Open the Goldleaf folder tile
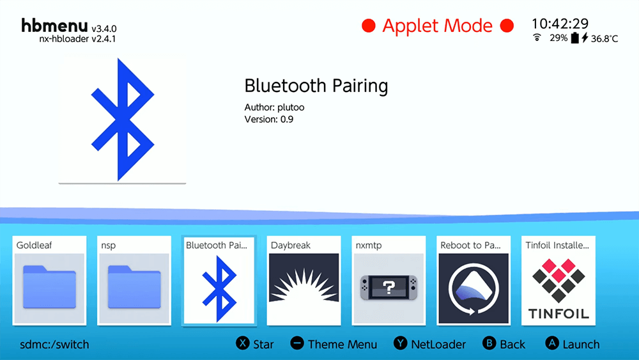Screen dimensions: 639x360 click(x=49, y=281)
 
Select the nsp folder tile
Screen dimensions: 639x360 click(x=134, y=281)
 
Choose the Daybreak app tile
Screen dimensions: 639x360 click(x=304, y=281)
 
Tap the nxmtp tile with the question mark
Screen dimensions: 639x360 click(x=389, y=281)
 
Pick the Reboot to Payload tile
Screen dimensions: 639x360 click(x=473, y=281)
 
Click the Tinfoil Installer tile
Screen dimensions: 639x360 click(x=558, y=281)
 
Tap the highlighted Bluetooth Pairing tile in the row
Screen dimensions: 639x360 click(x=219, y=281)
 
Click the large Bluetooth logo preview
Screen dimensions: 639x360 click(x=122, y=120)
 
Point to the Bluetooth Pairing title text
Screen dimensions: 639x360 click(x=316, y=86)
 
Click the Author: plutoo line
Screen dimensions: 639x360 click(x=274, y=107)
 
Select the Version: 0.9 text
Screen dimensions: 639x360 click(x=269, y=120)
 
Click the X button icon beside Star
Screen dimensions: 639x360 click(x=242, y=343)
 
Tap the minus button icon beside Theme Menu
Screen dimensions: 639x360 click(x=297, y=343)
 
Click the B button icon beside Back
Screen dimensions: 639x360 click(x=489, y=343)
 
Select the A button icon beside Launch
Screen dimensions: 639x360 click(x=552, y=343)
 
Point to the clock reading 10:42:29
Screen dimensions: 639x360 click(x=560, y=24)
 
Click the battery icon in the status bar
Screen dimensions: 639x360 click(x=574, y=38)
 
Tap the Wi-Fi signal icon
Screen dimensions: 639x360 click(x=537, y=38)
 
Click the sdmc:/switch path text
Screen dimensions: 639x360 click(x=54, y=345)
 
